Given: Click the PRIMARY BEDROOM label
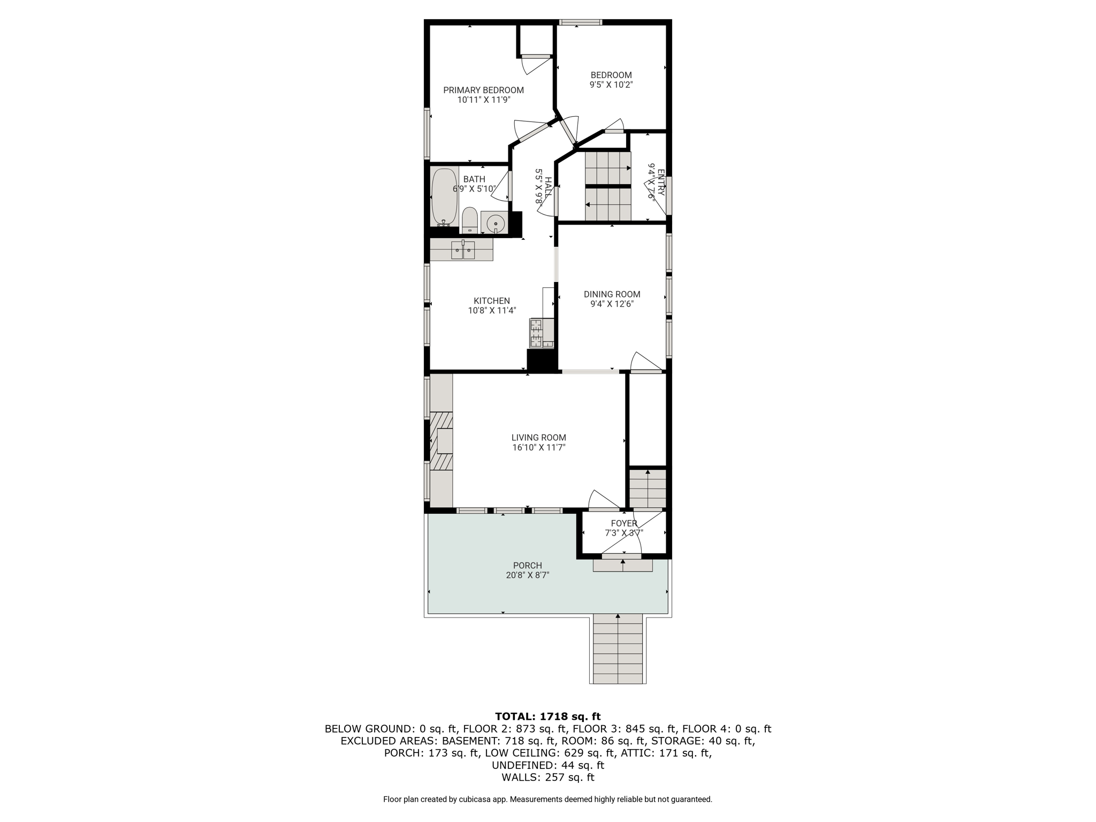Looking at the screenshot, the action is click(x=483, y=90).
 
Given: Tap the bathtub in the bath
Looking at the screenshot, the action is click(x=444, y=197).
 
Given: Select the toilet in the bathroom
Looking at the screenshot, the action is click(x=469, y=219).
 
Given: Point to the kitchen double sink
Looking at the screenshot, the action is click(x=463, y=250).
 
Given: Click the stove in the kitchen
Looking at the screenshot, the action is click(x=542, y=333).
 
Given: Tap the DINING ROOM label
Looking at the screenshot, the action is click(x=612, y=294).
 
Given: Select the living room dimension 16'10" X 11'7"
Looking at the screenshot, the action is click(x=538, y=447).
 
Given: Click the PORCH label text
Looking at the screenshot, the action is click(x=527, y=565).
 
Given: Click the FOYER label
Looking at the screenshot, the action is click(x=624, y=523).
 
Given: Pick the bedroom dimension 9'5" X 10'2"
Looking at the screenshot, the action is click(x=611, y=85).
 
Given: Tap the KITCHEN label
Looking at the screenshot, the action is click(x=492, y=301).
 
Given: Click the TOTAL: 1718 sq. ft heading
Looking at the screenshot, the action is click(x=547, y=717).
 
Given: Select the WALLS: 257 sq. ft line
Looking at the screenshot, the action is click(x=547, y=778).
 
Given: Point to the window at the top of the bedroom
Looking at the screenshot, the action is click(x=581, y=22).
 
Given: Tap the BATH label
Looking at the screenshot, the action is click(x=474, y=179).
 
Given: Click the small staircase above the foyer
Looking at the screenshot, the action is click(x=648, y=489).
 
